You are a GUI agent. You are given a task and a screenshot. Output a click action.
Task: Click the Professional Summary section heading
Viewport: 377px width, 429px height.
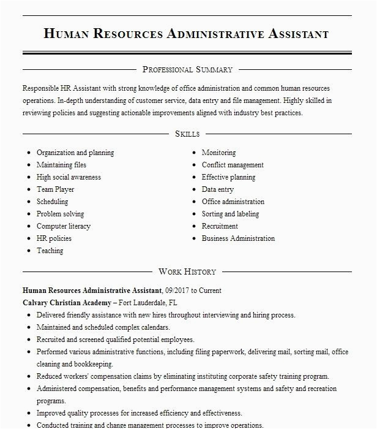(187, 70)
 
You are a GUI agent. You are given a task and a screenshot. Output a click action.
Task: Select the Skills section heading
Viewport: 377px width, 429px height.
(187, 134)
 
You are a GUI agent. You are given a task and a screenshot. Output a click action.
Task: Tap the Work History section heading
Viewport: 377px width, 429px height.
(187, 271)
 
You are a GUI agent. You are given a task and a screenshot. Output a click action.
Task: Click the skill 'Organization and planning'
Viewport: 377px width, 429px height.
(75, 153)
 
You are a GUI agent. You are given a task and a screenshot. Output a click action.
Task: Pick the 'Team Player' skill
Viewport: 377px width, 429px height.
(55, 189)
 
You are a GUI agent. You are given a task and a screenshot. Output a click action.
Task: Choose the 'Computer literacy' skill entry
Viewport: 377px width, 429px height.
(63, 226)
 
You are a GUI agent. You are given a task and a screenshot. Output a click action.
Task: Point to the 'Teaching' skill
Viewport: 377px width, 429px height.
(50, 251)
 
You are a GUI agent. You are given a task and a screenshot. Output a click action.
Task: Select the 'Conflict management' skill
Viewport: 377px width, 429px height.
(233, 165)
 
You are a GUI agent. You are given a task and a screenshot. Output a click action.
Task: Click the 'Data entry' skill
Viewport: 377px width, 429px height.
(218, 189)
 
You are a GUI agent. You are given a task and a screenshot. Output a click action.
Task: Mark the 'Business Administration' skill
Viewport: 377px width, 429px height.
(238, 238)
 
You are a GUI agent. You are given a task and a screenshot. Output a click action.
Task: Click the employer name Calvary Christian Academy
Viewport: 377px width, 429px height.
(67, 303)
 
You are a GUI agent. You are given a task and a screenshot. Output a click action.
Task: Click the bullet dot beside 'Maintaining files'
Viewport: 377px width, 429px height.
(29, 165)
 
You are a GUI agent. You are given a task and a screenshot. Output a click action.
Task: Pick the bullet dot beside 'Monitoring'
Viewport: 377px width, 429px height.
(194, 153)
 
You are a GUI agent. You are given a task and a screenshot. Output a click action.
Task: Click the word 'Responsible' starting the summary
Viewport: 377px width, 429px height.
(42, 88)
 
